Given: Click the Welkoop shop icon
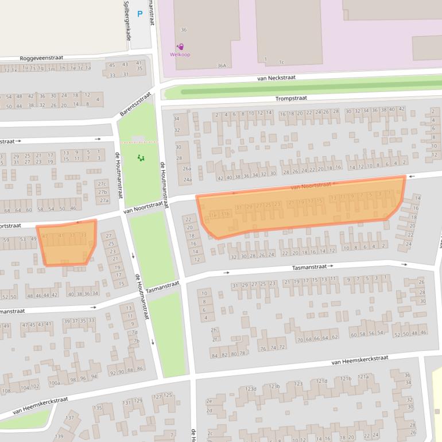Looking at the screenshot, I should (x=180, y=46).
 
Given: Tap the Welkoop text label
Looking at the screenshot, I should (x=180, y=55).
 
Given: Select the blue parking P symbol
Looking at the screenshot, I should (x=139, y=14).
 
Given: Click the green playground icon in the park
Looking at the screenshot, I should (x=141, y=158).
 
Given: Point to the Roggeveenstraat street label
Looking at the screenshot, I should (x=41, y=58).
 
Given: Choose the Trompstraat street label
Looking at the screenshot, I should (x=291, y=98).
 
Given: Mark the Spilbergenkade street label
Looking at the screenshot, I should (x=127, y=20).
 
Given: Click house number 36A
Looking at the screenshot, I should (x=222, y=65).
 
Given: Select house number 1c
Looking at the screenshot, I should (x=281, y=61).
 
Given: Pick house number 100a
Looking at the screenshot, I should (x=54, y=383).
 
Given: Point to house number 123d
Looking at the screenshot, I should (x=251, y=389).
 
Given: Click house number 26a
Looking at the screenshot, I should (x=187, y=169).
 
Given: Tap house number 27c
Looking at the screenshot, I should (x=103, y=183).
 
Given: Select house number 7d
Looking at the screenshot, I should (x=134, y=332).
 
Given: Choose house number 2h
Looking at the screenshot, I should (x=214, y=329).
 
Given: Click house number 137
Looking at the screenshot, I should (x=69, y=418).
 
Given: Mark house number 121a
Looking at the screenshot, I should (x=363, y=377).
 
